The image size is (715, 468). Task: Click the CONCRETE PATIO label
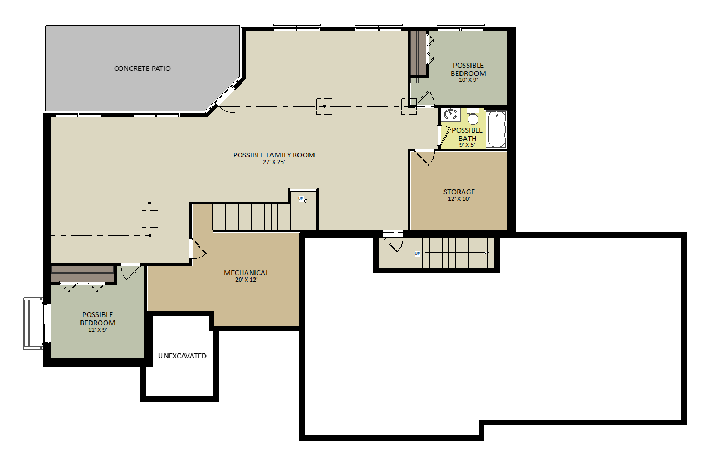142,69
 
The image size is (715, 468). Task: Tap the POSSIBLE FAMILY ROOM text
274,155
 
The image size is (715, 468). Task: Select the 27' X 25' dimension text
274,162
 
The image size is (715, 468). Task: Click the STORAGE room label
459,192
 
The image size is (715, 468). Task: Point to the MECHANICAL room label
246,273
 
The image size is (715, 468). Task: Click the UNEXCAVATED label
182,356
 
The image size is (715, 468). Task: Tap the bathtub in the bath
496,129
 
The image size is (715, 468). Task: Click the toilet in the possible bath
473,117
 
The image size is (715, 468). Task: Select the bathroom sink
451,115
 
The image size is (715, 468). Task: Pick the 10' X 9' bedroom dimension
468,80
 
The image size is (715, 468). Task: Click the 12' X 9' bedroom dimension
97,330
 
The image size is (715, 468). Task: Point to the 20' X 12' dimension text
246,280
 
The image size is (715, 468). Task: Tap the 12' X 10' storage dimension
459,199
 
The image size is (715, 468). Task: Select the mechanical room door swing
198,249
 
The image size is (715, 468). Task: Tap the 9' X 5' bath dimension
467,145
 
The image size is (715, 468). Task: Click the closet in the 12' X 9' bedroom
83,274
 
